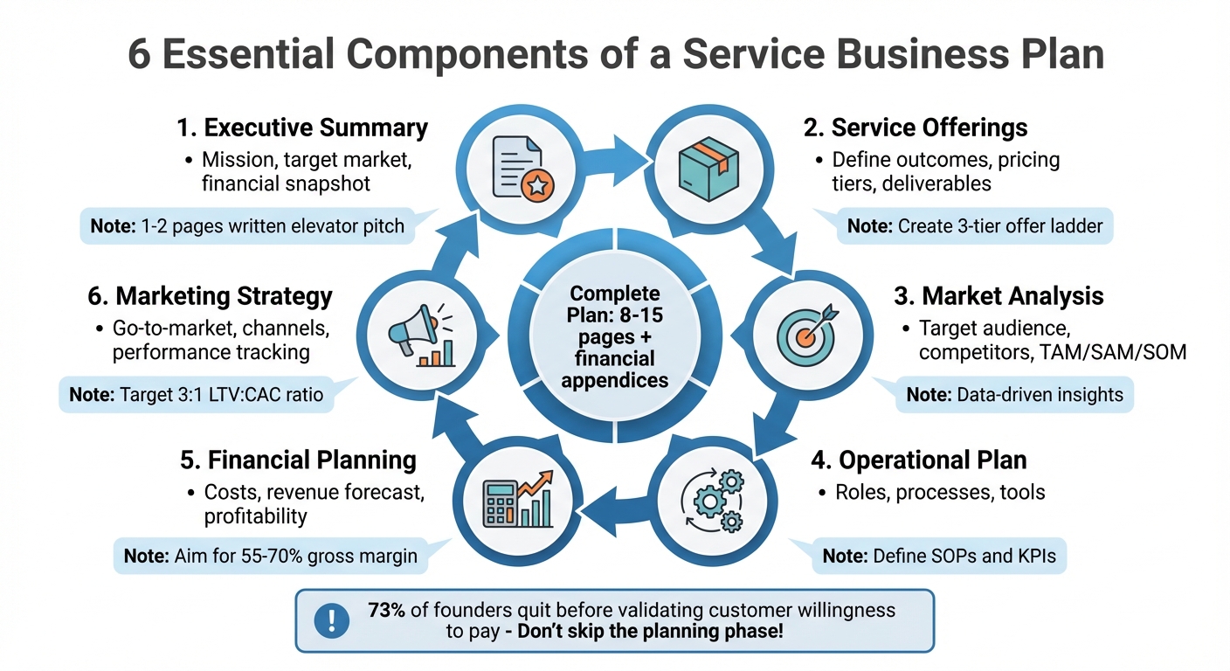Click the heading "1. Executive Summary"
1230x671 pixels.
tap(301, 128)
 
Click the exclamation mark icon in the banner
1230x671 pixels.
tap(331, 620)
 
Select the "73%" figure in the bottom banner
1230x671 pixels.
tap(386, 610)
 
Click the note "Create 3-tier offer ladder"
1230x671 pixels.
tap(975, 226)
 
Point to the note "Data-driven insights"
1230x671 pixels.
tap(1014, 394)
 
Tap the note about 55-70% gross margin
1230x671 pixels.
tap(270, 555)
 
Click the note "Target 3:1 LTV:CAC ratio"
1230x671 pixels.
tap(196, 395)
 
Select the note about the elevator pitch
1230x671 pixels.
tap(247, 226)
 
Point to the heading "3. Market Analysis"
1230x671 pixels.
tap(999, 295)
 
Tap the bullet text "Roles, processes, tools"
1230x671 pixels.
tap(940, 492)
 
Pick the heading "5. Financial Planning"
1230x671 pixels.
tap(297, 460)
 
